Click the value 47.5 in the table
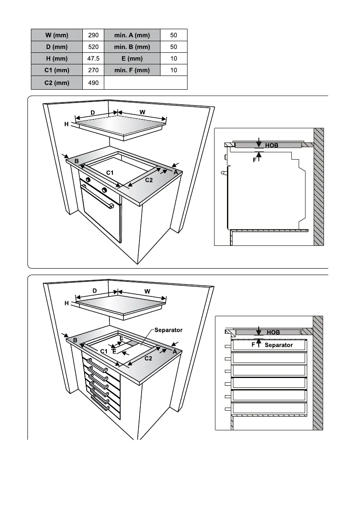[93, 59]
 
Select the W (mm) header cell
[57, 35]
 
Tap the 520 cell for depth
[93, 47]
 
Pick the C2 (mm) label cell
[57, 83]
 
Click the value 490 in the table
[93, 83]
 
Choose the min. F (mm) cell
[132, 71]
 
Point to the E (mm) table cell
[132, 59]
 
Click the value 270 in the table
[93, 71]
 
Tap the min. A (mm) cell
[132, 35]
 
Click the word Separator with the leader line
[168, 330]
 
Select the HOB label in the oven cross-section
[272, 145]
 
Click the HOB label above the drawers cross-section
[273, 333]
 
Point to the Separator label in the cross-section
[278, 345]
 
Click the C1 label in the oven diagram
[110, 172]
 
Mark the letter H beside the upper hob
[67, 124]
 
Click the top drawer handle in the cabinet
[97, 367]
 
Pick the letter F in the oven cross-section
[254, 160]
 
